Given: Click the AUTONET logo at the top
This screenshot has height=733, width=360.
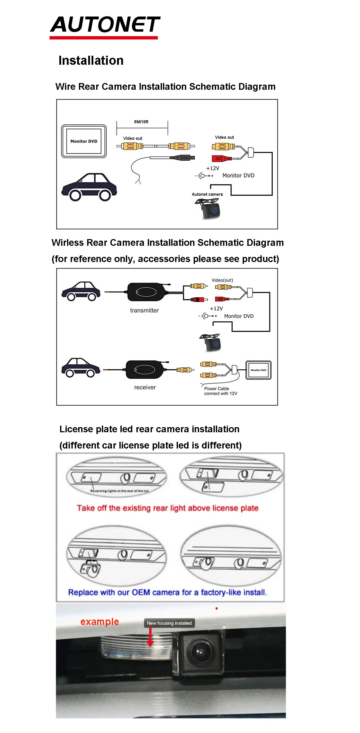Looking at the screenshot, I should [105, 26].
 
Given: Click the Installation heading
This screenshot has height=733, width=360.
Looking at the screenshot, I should [91, 61].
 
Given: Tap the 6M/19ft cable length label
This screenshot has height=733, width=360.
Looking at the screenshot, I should [141, 122].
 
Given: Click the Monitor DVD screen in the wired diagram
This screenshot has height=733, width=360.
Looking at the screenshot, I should [84, 141].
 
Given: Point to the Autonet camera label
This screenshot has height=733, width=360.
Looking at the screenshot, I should [207, 194].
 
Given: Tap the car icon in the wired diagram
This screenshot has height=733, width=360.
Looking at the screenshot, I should [89, 187].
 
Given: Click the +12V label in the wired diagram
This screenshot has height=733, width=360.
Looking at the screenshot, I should [212, 168].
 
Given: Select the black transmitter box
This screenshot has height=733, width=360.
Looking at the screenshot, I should [146, 292].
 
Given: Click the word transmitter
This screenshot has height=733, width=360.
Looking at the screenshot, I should [144, 311].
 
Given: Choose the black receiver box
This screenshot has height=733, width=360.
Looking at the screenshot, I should [145, 369].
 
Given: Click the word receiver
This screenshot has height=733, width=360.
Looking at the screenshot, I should [145, 387].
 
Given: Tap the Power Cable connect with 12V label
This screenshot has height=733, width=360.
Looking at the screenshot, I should [220, 391].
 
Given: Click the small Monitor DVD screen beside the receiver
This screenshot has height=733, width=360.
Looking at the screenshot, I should [258, 370].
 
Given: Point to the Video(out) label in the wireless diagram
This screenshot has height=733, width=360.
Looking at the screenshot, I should [222, 280].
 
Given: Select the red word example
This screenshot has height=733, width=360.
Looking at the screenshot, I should [99, 622].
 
